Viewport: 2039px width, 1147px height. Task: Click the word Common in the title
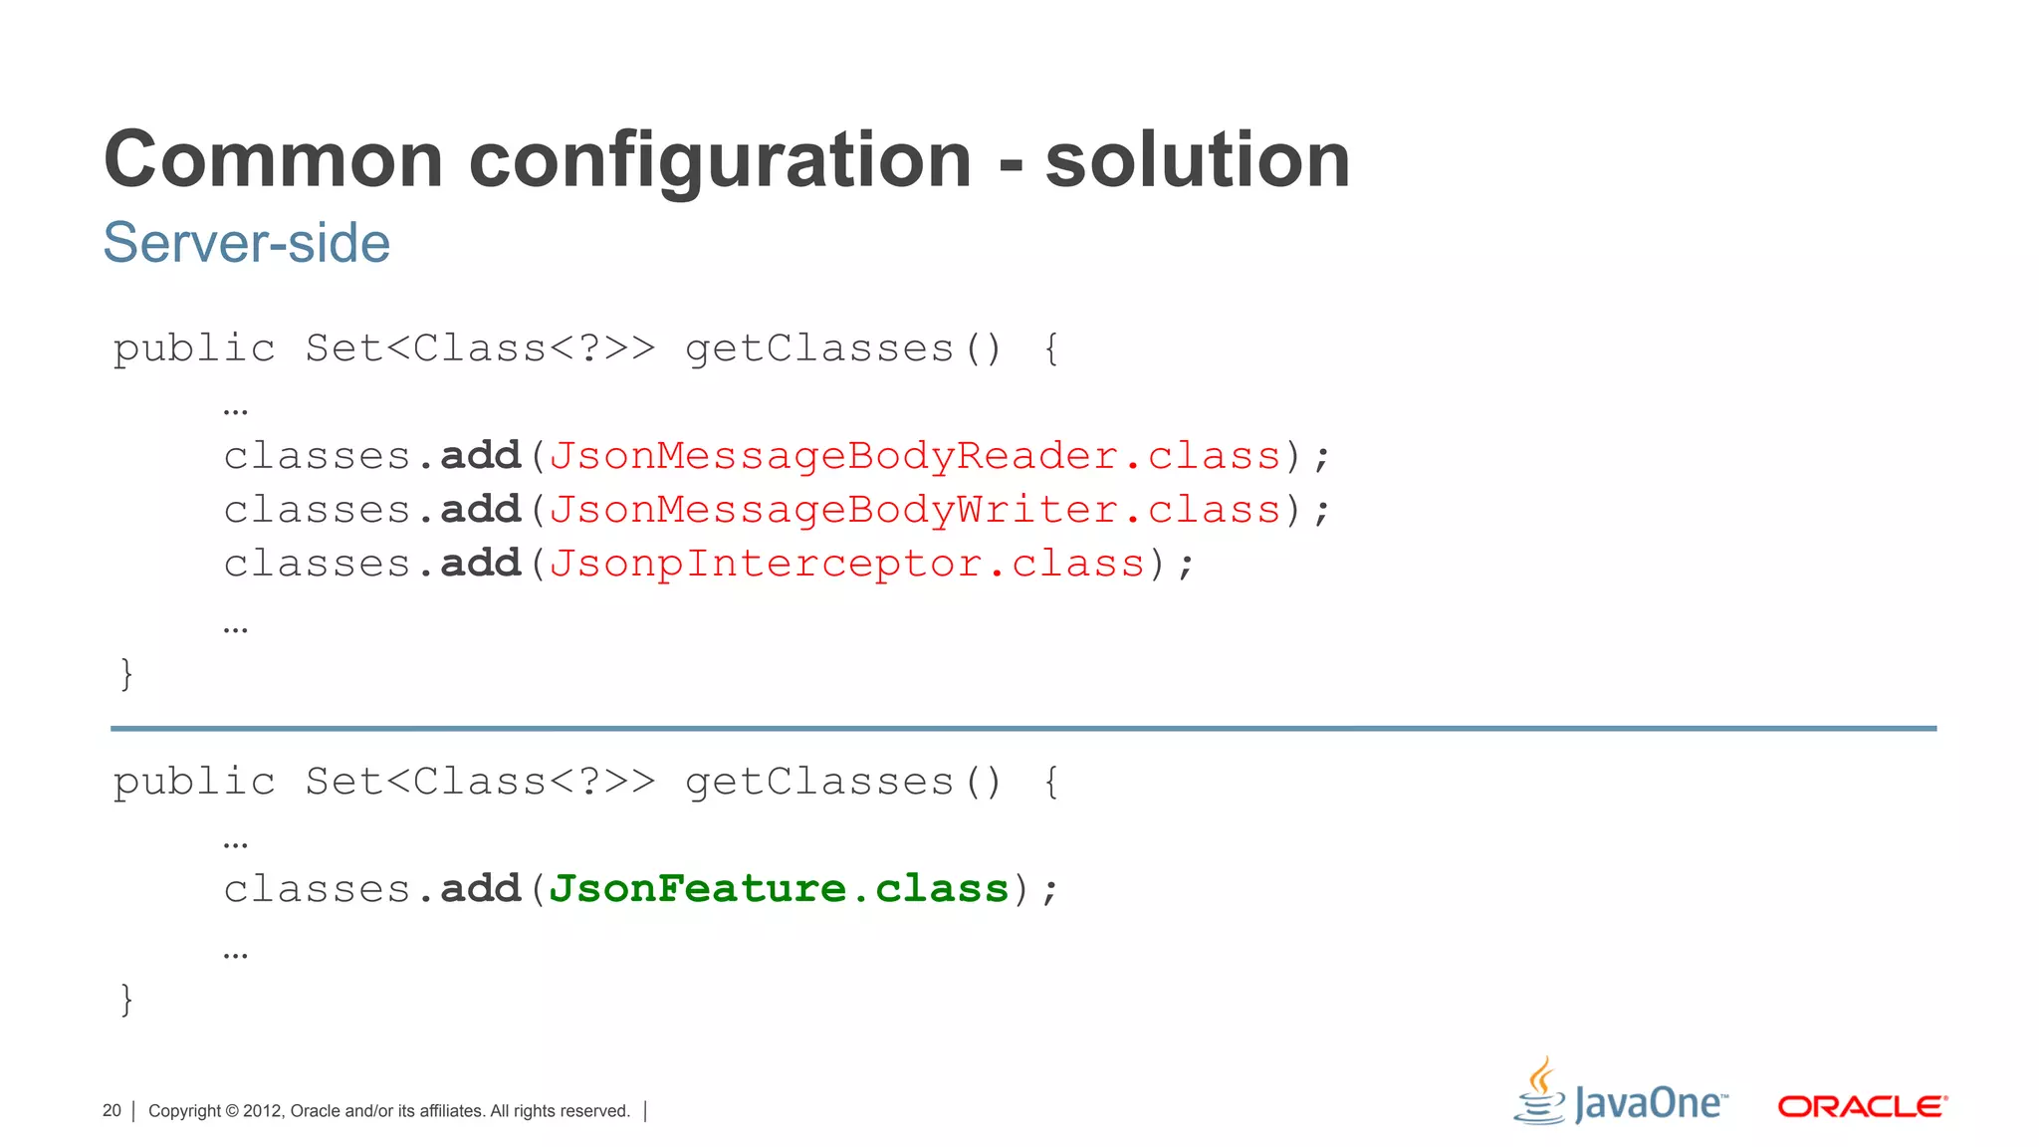click(x=273, y=159)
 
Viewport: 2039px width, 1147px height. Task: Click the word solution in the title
click(x=1197, y=159)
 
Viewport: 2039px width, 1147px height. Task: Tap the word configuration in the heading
click(x=720, y=161)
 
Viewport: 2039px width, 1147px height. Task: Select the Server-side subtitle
click(x=246, y=242)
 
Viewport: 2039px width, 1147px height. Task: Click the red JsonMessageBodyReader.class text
click(x=914, y=456)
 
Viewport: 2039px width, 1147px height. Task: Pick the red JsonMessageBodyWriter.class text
click(x=914, y=510)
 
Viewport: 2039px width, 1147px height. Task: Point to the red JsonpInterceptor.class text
click(x=846, y=564)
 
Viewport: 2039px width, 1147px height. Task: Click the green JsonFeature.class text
click(x=779, y=888)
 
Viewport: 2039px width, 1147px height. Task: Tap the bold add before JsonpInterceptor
click(x=481, y=564)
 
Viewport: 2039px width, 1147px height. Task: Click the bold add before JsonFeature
click(x=481, y=888)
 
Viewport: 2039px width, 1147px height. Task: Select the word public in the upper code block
click(x=193, y=348)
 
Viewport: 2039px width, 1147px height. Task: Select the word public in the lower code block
click(x=193, y=782)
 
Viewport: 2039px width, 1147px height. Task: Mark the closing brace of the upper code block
click(x=126, y=673)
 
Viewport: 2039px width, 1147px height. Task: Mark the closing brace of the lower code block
click(x=126, y=998)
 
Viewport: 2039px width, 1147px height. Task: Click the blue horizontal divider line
click(x=1022, y=729)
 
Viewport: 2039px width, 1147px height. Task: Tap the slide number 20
click(x=112, y=1111)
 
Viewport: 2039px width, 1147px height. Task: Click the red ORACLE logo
click(x=1862, y=1106)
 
